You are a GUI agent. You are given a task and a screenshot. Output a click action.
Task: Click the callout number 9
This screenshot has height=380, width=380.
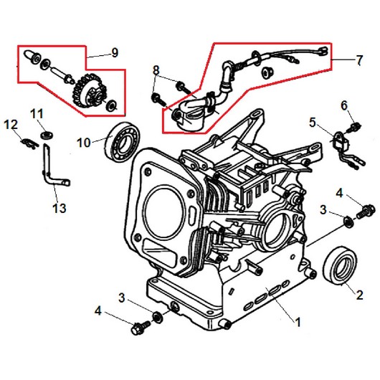[115, 52]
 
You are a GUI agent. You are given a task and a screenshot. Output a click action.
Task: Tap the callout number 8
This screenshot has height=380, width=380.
[156, 70]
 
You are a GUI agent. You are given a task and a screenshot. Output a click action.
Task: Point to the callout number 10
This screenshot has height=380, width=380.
[84, 143]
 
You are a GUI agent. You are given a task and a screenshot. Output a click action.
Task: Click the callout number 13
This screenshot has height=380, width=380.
[60, 208]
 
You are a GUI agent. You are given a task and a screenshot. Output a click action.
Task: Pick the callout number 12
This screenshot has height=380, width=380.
[11, 125]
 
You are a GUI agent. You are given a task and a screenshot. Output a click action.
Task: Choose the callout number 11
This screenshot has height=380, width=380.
[37, 114]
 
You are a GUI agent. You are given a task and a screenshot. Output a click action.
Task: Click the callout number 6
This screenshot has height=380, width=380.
[344, 105]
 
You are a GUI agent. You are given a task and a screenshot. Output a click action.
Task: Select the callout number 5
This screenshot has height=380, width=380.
[313, 123]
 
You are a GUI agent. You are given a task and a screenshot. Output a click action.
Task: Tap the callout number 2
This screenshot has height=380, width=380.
[359, 295]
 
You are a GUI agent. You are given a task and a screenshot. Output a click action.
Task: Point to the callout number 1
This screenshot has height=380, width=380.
[298, 322]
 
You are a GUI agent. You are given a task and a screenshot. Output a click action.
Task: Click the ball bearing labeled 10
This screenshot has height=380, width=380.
[122, 141]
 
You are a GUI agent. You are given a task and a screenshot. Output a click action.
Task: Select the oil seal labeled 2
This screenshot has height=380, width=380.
[340, 265]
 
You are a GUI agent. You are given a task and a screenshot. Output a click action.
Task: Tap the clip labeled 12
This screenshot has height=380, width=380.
[29, 143]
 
